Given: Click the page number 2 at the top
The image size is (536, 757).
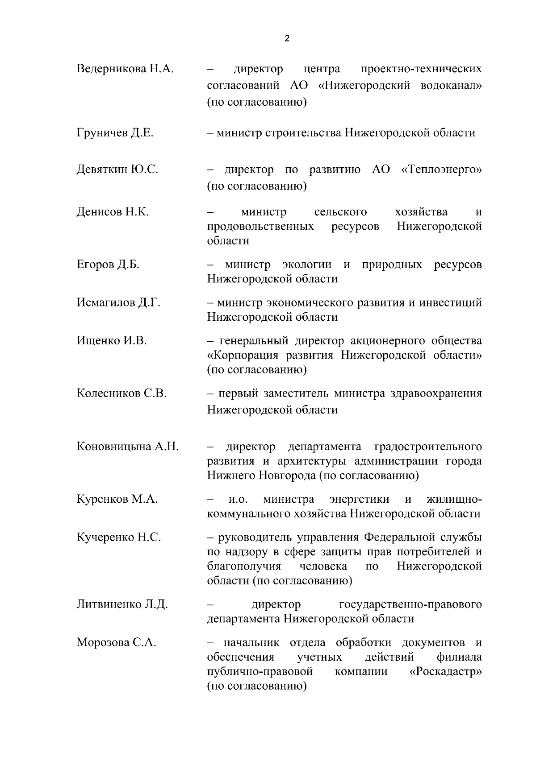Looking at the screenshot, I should pyautogui.click(x=286, y=38).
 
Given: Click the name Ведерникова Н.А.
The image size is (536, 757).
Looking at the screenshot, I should pyautogui.click(x=125, y=69).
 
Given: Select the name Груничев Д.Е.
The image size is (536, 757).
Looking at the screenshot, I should pyautogui.click(x=115, y=133).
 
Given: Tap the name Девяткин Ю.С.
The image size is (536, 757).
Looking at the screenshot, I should pyautogui.click(x=117, y=170).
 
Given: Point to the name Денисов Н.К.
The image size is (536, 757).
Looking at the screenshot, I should pyautogui.click(x=113, y=211).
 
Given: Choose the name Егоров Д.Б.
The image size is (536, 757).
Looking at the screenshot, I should pyautogui.click(x=108, y=265).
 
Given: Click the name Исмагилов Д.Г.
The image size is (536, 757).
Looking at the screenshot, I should pyautogui.click(x=118, y=302).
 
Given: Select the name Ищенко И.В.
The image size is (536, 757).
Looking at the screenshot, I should pyautogui.click(x=112, y=341).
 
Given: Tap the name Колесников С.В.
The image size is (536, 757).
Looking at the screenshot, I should pyautogui.click(x=121, y=393).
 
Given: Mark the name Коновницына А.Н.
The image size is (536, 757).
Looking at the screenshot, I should pyautogui.click(x=128, y=447).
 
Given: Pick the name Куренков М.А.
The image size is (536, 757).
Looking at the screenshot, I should pyautogui.click(x=117, y=499).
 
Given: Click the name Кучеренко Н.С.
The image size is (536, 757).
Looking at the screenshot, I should pyautogui.click(x=119, y=538).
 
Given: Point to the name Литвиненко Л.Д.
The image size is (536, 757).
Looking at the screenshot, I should pyautogui.click(x=122, y=605).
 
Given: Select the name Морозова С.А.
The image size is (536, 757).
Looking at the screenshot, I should pyautogui.click(x=116, y=643).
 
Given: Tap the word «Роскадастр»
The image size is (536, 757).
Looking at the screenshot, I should pyautogui.click(x=445, y=672).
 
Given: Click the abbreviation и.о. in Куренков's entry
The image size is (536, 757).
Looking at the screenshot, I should pyautogui.click(x=239, y=499).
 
